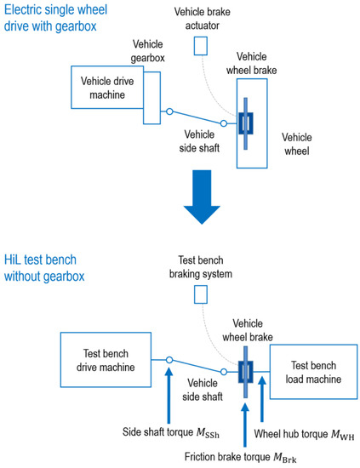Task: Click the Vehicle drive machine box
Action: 107,88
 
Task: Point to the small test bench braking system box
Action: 200,294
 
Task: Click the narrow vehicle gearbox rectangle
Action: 152,94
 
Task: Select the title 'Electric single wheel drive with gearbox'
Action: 58,18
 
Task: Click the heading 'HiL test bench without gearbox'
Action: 51,264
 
